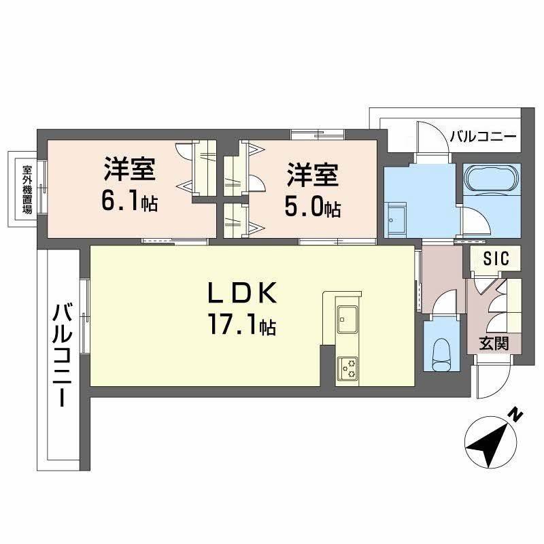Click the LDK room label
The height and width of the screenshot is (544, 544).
(x=242, y=293)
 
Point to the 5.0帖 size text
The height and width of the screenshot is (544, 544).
(x=312, y=207)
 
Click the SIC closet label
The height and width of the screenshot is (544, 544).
(x=496, y=258)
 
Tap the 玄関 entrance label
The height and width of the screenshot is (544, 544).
(x=494, y=343)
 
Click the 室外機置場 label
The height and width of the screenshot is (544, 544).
(x=27, y=190)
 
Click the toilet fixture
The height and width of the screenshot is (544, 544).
(x=441, y=355)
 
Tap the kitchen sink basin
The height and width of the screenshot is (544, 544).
(x=347, y=318)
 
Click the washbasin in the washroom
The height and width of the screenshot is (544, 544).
(x=396, y=220)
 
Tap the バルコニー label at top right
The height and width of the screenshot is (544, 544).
(x=483, y=137)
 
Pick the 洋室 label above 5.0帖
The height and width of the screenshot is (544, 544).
(x=312, y=175)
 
